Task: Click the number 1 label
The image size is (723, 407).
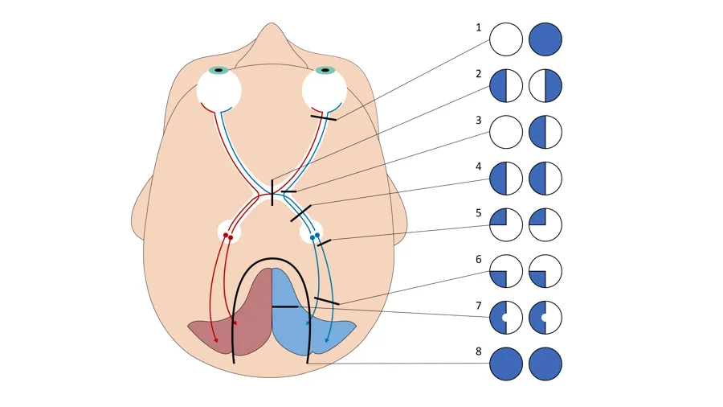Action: pyautogui.click(x=479, y=27)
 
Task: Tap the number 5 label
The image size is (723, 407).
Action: pyautogui.click(x=479, y=213)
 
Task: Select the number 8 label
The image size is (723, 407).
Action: pyautogui.click(x=479, y=351)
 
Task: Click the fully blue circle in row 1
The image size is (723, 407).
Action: pyautogui.click(x=545, y=39)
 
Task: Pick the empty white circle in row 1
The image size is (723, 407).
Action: pyautogui.click(x=506, y=39)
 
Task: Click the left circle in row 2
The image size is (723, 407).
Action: pyautogui.click(x=506, y=86)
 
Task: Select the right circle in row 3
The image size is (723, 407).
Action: pyautogui.click(x=545, y=132)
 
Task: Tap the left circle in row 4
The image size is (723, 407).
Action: pyautogui.click(x=506, y=179)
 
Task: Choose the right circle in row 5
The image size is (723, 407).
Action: pyautogui.click(x=545, y=224)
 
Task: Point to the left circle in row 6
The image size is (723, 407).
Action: pyautogui.click(x=506, y=271)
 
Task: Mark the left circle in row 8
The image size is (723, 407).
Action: pyautogui.click(x=506, y=364)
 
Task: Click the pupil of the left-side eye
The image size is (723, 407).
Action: pyautogui.click(x=219, y=71)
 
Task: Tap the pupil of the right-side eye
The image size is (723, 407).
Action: pyautogui.click(x=324, y=71)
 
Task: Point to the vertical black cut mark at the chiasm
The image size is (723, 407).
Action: pyautogui.click(x=272, y=192)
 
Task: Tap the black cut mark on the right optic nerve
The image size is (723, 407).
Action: pyautogui.click(x=324, y=117)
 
